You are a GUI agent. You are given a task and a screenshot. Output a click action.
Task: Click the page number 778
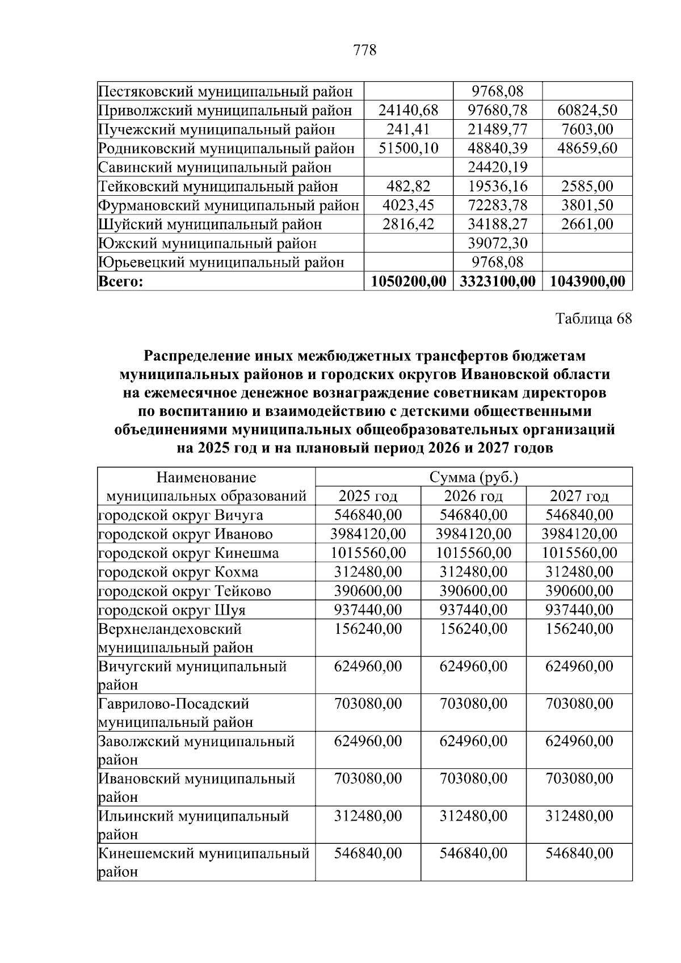pyautogui.click(x=364, y=51)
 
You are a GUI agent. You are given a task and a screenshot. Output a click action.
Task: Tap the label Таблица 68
pyautogui.click(x=593, y=318)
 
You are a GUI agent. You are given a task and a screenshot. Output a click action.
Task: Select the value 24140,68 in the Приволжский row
pyautogui.click(x=409, y=110)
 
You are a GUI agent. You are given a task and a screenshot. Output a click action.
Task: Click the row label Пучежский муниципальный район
pyautogui.click(x=217, y=129)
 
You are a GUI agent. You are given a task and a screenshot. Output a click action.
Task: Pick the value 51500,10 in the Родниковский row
pyautogui.click(x=409, y=148)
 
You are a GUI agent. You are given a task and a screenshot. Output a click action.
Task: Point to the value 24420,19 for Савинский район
pyautogui.click(x=497, y=167)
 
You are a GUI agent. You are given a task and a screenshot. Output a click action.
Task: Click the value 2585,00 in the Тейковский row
pyautogui.click(x=587, y=186)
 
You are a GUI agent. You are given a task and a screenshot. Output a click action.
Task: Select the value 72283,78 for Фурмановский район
pyautogui.click(x=497, y=205)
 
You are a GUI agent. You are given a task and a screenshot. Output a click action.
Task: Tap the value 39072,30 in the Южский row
pyautogui.click(x=497, y=243)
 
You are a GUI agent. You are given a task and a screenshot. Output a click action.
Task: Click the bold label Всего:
pyautogui.click(x=120, y=281)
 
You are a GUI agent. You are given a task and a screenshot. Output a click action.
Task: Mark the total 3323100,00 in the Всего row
pyautogui.click(x=497, y=281)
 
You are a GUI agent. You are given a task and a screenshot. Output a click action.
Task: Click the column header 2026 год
pyautogui.click(x=473, y=496)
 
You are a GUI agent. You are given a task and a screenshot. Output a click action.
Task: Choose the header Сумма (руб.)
pyautogui.click(x=473, y=477)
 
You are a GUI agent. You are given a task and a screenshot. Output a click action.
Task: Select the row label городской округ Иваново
pyautogui.click(x=186, y=534)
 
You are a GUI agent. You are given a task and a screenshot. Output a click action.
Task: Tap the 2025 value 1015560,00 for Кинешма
pyautogui.click(x=368, y=553)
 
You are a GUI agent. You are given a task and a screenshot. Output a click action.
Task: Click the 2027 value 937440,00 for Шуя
pyautogui.click(x=579, y=610)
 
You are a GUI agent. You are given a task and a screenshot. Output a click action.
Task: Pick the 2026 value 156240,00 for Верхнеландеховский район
pyautogui.click(x=473, y=629)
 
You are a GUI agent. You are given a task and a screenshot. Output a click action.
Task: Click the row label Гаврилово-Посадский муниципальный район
pyautogui.click(x=176, y=713)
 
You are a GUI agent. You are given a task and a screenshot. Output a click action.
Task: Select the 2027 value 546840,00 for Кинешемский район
pyautogui.click(x=579, y=853)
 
